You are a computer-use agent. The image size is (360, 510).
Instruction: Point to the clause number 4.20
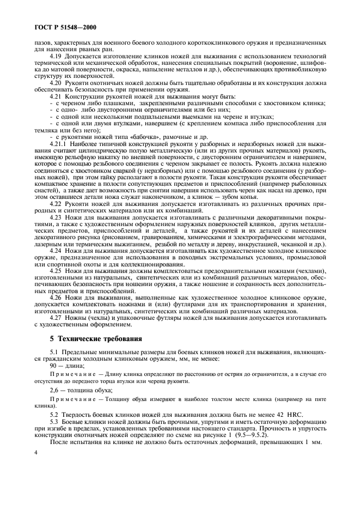pos(56,82)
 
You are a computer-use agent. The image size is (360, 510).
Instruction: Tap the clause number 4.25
pos(56,271)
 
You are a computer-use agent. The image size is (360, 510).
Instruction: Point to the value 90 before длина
pos(53,367)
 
